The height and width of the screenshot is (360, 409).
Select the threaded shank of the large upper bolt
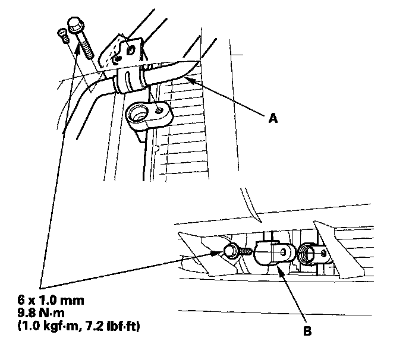[83, 45]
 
